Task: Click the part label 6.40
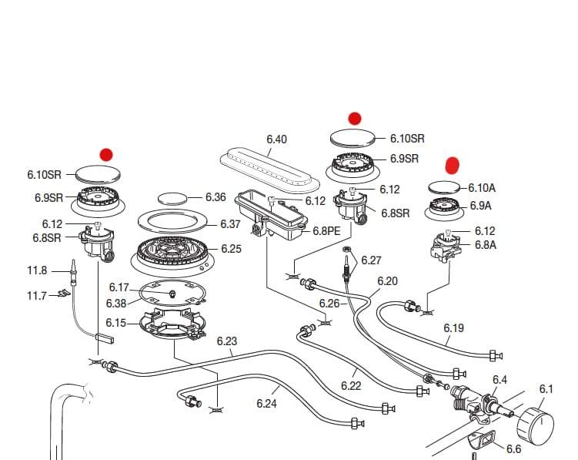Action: tap(276, 139)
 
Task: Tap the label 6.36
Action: tap(215, 197)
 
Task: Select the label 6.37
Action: tap(230, 224)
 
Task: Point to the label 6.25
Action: tap(231, 249)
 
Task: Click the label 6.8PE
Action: tap(326, 231)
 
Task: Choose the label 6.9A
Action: tap(480, 206)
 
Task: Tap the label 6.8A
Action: tap(485, 245)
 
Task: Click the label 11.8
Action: tap(38, 270)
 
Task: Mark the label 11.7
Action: tap(37, 295)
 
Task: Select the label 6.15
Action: tap(115, 323)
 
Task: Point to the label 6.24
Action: tap(266, 402)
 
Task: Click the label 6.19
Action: tap(453, 328)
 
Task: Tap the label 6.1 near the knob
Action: tap(546, 389)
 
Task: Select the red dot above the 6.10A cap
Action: tap(453, 165)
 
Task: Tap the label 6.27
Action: tap(372, 260)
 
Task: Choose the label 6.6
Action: tap(513, 448)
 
